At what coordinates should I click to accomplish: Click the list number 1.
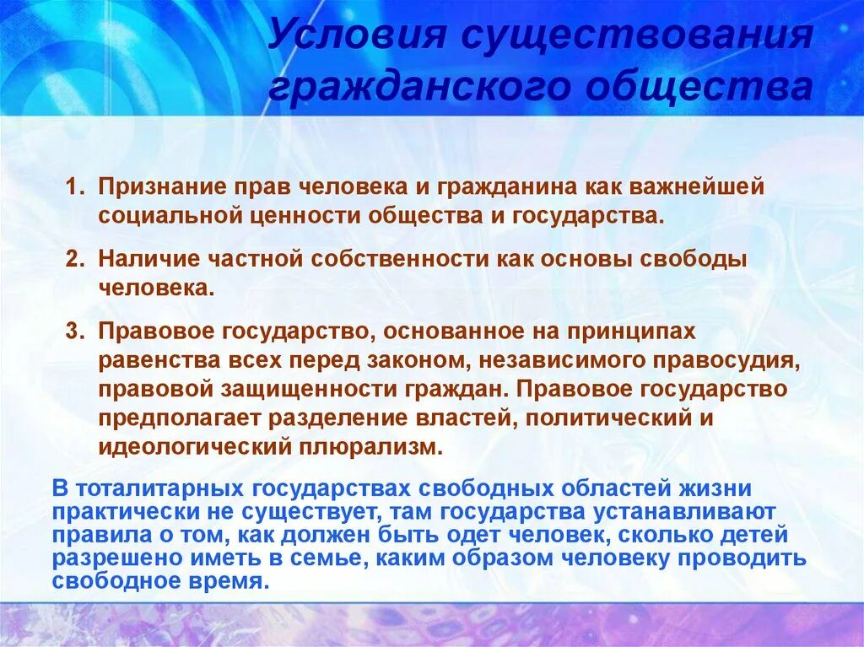[x=74, y=186]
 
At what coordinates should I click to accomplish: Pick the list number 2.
[x=74, y=259]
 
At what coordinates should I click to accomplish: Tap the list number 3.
[x=74, y=332]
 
